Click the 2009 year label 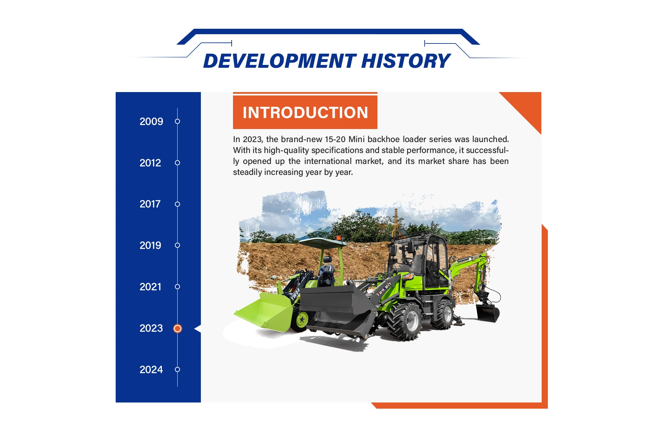(151, 122)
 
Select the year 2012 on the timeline (150, 163)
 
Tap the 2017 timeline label (150, 204)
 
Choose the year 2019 (150, 245)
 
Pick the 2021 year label (150, 287)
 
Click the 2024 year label (151, 370)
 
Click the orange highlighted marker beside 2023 (178, 329)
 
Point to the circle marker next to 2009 (177, 121)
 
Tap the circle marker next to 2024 (177, 369)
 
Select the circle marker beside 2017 (177, 204)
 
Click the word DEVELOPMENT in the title (280, 61)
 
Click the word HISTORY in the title (406, 61)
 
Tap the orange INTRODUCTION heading (305, 112)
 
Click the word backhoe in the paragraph (384, 139)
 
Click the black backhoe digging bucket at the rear (488, 313)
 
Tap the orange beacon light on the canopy (338, 238)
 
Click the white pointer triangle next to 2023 (198, 329)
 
